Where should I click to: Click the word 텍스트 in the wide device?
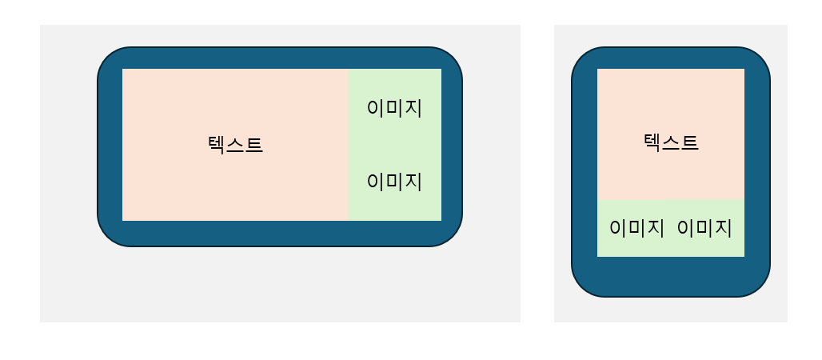[235, 145]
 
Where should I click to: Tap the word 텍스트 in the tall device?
[671, 142]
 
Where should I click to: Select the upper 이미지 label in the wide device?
[394, 107]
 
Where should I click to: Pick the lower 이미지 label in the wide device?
[394, 182]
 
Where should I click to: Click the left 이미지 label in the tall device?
[636, 228]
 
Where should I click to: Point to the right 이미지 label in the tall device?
[704, 228]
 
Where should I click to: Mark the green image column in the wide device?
[394, 144]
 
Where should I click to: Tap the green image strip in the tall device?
[671, 244]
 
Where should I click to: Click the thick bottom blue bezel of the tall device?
[671, 277]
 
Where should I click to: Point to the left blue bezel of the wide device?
[110, 145]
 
